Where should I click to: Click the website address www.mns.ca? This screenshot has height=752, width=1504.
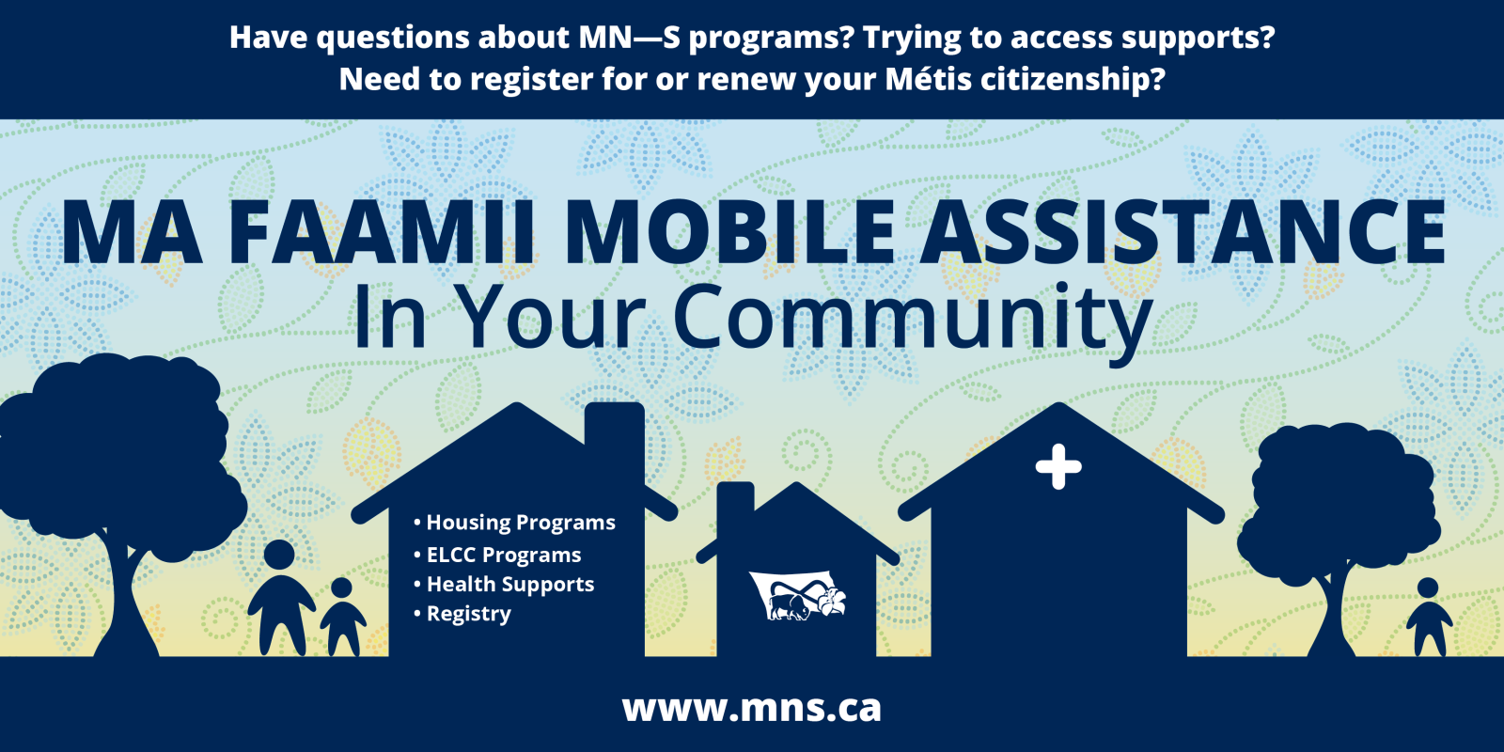(751, 709)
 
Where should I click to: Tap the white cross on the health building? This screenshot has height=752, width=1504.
(1058, 466)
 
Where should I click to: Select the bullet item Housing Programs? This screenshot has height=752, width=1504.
(514, 523)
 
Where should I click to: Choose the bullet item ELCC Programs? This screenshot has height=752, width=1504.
(497, 555)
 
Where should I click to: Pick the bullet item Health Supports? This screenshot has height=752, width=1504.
(504, 584)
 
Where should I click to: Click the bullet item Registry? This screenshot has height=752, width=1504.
(462, 614)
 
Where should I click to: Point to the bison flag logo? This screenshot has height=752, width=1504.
(798, 595)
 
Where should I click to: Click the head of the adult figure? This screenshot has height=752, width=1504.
(279, 556)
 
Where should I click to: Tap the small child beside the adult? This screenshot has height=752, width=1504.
(342, 617)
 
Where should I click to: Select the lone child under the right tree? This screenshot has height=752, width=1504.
(1429, 617)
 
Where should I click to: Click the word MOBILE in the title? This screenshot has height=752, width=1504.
(729, 232)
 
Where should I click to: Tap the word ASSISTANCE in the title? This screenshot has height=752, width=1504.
(1183, 232)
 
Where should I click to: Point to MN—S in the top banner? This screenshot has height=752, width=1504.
(629, 38)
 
